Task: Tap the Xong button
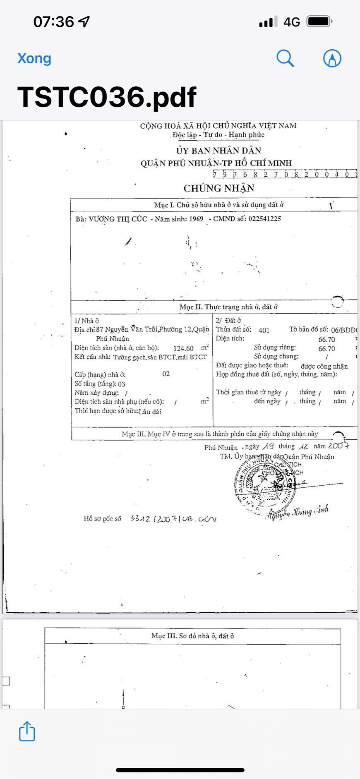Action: pos(34,58)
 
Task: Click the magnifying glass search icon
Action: pos(285,58)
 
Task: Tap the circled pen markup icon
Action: pos(332,58)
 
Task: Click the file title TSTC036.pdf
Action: pos(107,98)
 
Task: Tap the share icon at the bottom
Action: pos(27,731)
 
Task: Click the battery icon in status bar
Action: pos(319,22)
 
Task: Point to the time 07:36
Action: pos(54,22)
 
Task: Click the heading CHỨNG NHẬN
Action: pos(219,189)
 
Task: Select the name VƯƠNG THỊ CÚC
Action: pos(118,219)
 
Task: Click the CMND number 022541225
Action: pos(264,219)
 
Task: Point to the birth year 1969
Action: pos(196,219)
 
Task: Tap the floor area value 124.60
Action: pos(183,348)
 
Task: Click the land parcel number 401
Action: pos(264,330)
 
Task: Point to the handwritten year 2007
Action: pos(338,446)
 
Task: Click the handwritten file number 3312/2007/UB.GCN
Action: pos(173,519)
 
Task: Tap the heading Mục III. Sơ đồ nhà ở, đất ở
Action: pos(192,636)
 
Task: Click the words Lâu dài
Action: pos(150,412)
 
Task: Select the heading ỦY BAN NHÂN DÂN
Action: pos(218,151)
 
